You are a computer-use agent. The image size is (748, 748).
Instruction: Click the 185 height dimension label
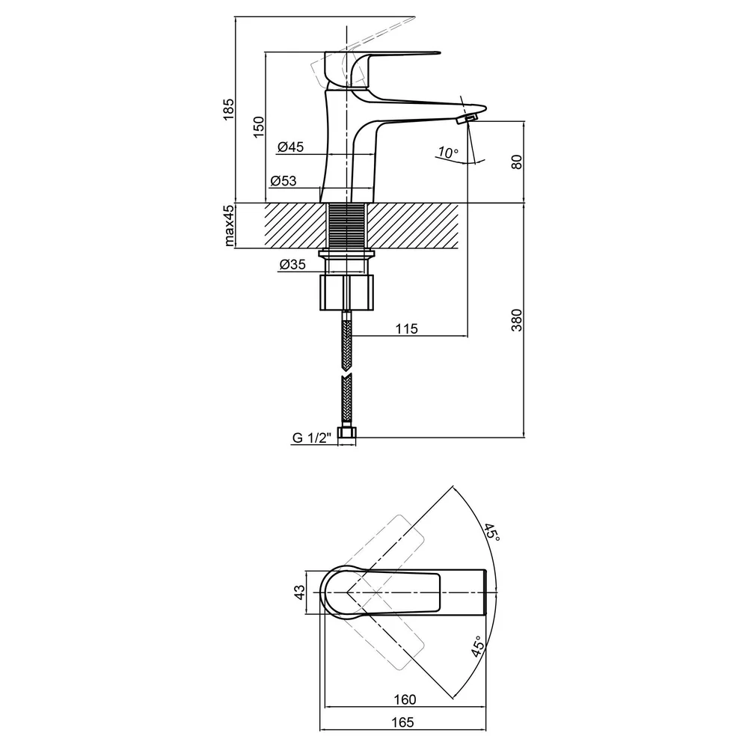point(229,109)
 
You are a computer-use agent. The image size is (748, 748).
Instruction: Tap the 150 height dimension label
point(258,127)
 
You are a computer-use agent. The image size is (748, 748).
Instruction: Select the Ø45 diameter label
point(290,147)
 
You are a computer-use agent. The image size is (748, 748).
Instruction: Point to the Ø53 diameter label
point(283,181)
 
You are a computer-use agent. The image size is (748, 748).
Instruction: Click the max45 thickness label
point(229,226)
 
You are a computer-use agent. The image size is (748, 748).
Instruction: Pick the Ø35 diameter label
point(292,264)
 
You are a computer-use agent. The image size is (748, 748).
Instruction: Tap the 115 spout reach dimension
point(406,328)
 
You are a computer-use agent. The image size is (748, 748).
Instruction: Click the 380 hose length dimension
point(517,320)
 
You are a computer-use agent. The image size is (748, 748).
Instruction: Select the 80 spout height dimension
point(517,162)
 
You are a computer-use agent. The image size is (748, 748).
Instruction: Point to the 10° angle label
point(448,153)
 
